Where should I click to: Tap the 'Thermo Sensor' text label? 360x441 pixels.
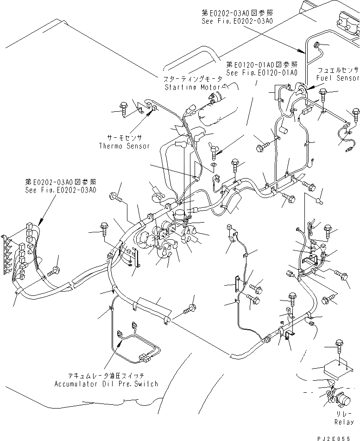pos(124,146)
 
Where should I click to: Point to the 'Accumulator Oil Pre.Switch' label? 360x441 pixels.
pos(106,384)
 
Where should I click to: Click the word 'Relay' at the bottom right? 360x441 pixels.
pos(344,422)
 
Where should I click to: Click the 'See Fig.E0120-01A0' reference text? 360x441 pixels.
pos(261,72)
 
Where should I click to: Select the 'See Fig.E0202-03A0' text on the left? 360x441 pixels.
pos(61,191)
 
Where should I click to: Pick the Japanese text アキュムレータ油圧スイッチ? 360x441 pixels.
pos(106,376)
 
